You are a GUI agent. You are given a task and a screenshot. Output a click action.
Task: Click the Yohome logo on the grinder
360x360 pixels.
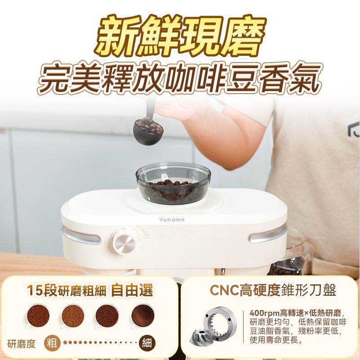(172, 220)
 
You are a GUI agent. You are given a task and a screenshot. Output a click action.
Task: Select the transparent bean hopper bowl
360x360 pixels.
(173, 183)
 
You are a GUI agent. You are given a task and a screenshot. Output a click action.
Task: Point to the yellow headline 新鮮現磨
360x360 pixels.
(179, 37)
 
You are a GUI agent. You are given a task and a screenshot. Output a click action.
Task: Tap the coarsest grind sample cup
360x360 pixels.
(38, 315)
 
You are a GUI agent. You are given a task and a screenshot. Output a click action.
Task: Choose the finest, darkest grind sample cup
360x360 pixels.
(142, 315)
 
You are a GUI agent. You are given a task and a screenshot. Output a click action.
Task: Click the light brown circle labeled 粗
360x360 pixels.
(52, 343)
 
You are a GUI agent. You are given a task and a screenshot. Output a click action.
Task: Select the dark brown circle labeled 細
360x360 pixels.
(147, 343)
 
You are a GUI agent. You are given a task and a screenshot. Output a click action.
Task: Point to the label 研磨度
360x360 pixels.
(22, 344)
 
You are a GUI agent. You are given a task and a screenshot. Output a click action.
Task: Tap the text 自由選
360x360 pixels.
(132, 290)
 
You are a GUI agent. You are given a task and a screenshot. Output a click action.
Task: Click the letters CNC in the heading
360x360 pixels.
(224, 290)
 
